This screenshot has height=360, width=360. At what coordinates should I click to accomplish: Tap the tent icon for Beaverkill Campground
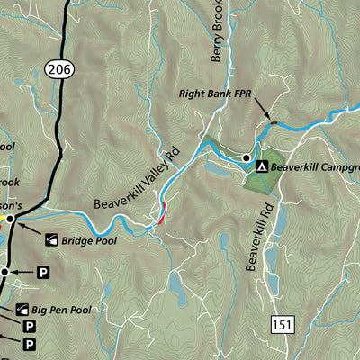[262, 166]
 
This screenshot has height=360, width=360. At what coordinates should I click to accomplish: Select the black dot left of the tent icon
[246, 158]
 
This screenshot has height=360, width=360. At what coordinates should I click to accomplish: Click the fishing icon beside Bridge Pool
[50, 240]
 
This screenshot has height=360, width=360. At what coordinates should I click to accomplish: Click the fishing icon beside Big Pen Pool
[20, 310]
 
